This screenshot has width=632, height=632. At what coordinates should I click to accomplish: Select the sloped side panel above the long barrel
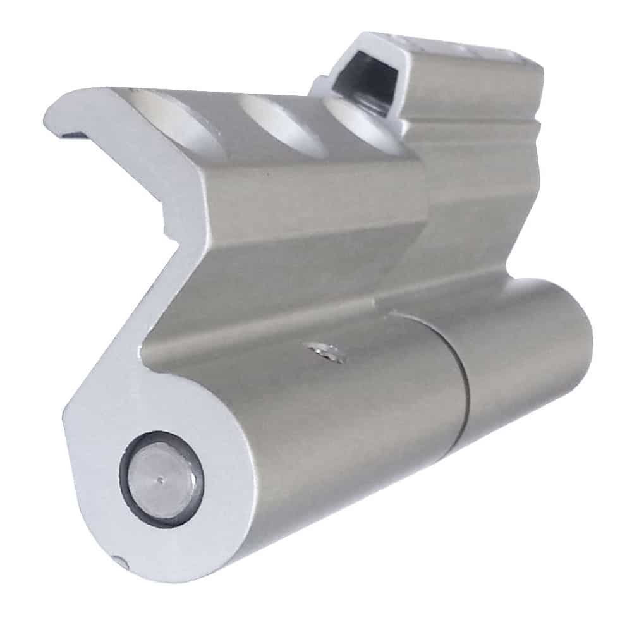(265, 278)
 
